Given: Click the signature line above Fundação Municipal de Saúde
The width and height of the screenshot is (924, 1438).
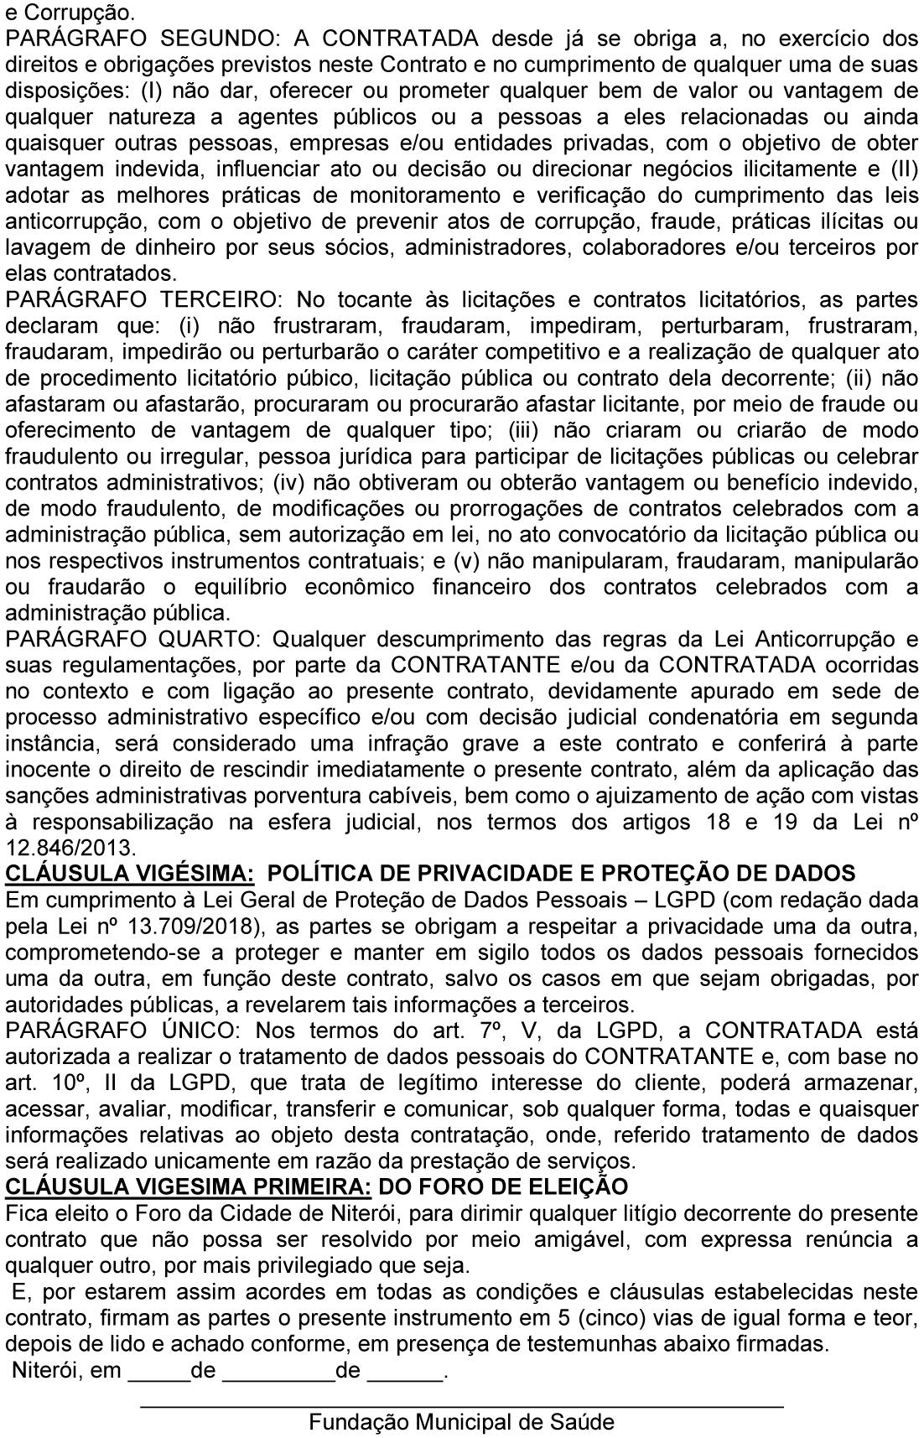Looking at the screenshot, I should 461,1403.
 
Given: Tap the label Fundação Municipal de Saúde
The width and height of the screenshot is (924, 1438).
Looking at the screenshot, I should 461,1421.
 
